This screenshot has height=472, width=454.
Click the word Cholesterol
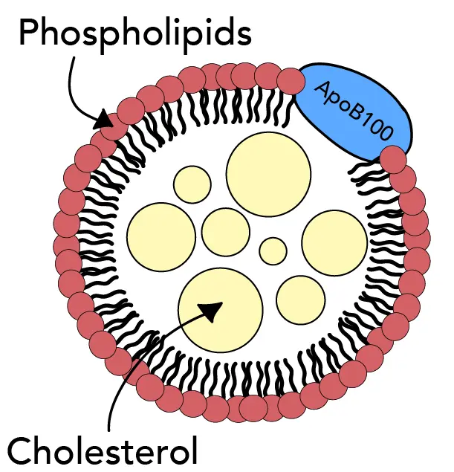coord(103,450)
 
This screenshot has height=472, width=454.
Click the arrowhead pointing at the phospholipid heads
coord(105,120)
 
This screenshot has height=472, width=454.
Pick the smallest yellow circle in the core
coord(273,250)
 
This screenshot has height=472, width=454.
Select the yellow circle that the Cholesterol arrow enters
coord(220,309)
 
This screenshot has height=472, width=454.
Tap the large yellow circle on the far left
coord(161,236)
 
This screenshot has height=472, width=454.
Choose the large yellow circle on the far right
coord(334,242)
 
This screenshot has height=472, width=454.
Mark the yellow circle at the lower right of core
coord(301,300)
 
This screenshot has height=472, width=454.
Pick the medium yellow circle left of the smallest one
coord(226,231)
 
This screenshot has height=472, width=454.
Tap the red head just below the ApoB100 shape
coord(393,158)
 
